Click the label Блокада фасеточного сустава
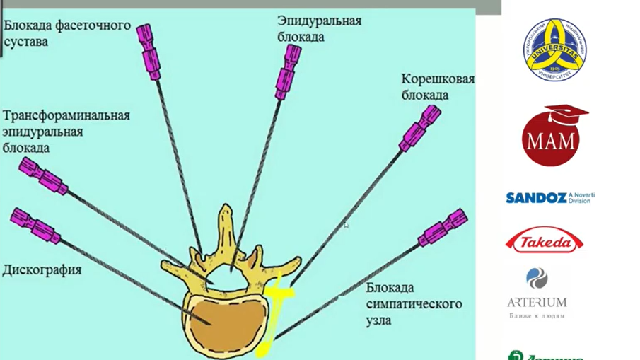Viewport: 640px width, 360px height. point(67,33)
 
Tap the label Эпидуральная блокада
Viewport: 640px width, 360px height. point(319,28)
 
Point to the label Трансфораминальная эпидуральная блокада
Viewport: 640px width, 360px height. point(66,132)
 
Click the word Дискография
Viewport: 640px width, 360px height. point(42,269)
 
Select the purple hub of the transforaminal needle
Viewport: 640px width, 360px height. point(42,176)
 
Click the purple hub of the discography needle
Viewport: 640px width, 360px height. point(35,225)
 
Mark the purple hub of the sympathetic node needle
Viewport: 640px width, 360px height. point(443,227)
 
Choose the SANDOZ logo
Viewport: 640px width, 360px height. point(549,197)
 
